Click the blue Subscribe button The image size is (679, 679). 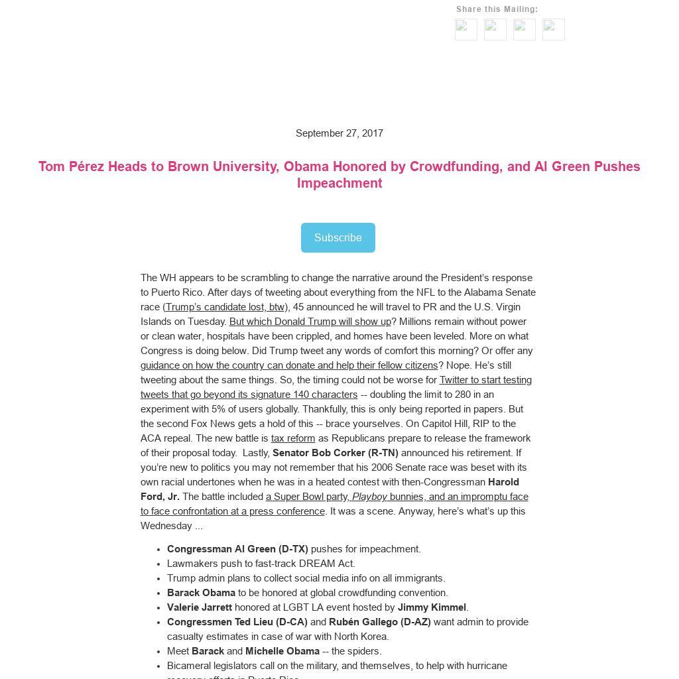click(x=338, y=237)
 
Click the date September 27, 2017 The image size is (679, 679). click(x=339, y=133)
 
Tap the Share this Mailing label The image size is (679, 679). click(x=497, y=9)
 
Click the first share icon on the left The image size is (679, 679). click(x=466, y=29)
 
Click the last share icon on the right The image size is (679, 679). click(x=554, y=29)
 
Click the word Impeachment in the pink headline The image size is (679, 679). click(x=339, y=184)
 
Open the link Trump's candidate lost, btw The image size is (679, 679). click(x=225, y=307)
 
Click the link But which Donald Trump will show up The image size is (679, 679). click(x=310, y=322)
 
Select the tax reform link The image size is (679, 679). click(x=293, y=438)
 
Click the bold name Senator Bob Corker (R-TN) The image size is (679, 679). click(x=335, y=453)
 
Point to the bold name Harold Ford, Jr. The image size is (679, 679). click(x=159, y=497)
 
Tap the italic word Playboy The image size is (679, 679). click(x=369, y=497)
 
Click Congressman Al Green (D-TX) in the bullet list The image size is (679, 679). click(x=237, y=549)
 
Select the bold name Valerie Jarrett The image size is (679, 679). click(x=200, y=607)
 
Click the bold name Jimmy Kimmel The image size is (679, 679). click(x=432, y=607)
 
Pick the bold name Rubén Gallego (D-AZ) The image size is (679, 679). click(x=380, y=622)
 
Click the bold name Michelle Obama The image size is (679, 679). click(x=282, y=651)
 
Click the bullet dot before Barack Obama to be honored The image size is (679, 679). click(x=158, y=593)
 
